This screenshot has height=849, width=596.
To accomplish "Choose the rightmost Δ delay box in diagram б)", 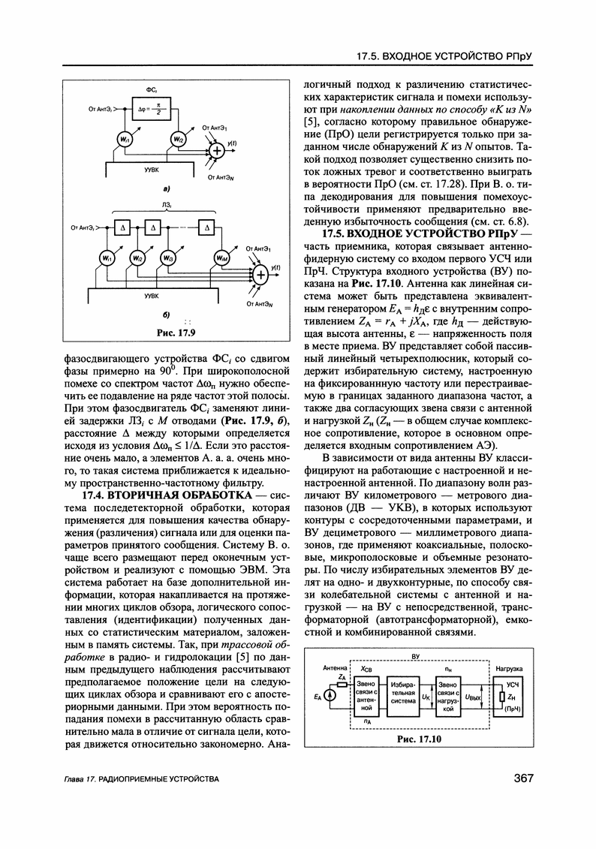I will pos(207,227).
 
